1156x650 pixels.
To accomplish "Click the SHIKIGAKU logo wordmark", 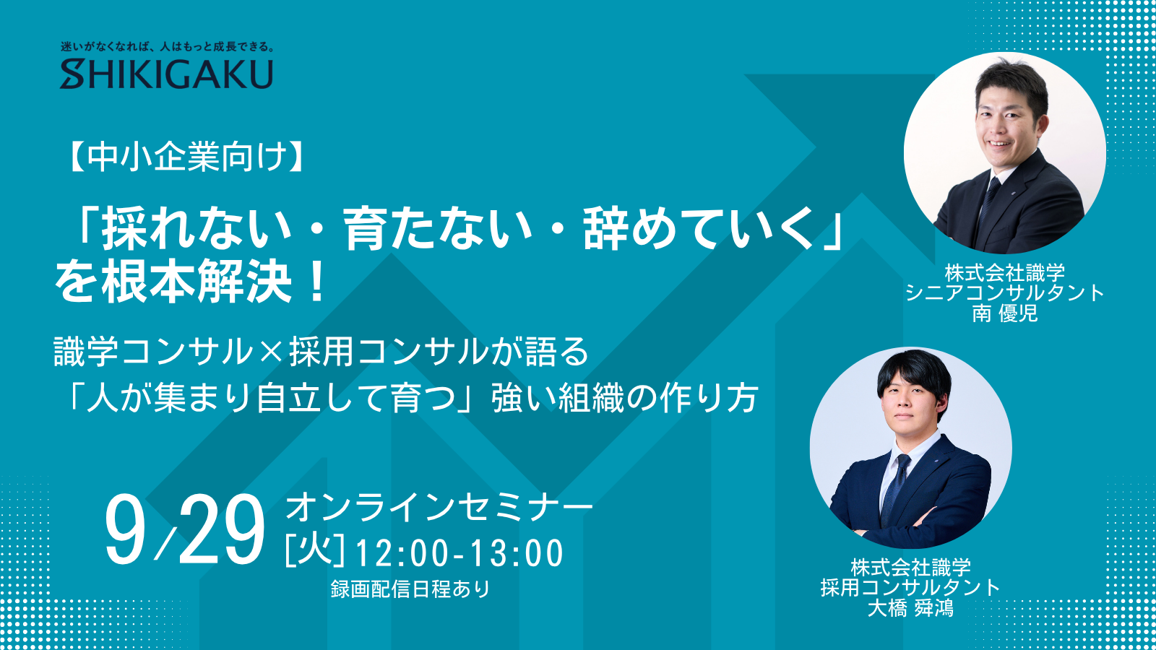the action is (166, 74).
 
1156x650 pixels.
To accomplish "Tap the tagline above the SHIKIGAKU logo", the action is (167, 47).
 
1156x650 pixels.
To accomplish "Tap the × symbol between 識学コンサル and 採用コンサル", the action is (271, 352).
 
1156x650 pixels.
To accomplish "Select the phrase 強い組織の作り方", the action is (624, 397).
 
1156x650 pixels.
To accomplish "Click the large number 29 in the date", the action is (222, 530).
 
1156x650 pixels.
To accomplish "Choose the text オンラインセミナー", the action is (439, 506).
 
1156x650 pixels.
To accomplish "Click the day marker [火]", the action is (315, 552).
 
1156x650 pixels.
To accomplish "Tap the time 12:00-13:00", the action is (460, 553).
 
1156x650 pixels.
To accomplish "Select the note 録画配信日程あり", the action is (410, 589).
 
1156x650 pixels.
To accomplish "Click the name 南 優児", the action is (1005, 313).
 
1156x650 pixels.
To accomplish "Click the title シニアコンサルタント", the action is (1004, 292).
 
